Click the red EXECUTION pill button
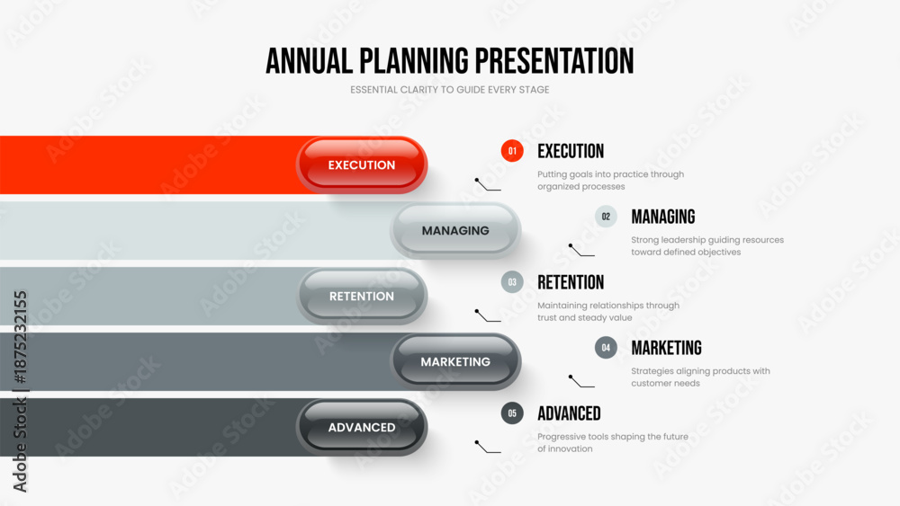click(x=362, y=165)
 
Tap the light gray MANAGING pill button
click(x=455, y=230)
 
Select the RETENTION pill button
click(x=362, y=297)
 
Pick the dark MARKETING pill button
click(x=455, y=361)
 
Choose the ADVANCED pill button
click(x=362, y=428)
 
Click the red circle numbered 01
click(x=512, y=151)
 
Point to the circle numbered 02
click(x=606, y=217)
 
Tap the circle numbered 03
click(x=512, y=282)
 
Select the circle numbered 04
click(x=606, y=347)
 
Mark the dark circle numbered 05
click(x=512, y=413)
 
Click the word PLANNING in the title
click(x=414, y=61)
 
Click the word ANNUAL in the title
click(x=309, y=61)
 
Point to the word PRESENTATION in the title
click(x=554, y=61)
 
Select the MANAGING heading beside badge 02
click(x=663, y=217)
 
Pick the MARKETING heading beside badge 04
click(x=666, y=348)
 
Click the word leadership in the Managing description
click(x=682, y=240)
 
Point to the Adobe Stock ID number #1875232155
click(x=20, y=338)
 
